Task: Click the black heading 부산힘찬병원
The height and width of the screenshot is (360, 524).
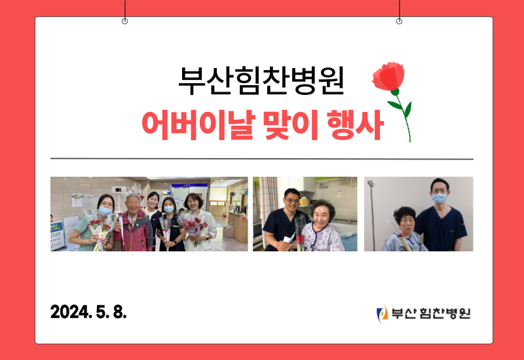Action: tap(261, 81)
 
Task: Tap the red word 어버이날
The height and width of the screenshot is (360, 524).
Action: tap(198, 125)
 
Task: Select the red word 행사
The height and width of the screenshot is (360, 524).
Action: tap(356, 125)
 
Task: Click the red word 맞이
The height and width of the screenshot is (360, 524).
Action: tap(290, 125)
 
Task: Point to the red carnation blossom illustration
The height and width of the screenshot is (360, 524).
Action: tap(388, 76)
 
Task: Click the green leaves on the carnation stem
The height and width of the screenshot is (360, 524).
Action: tap(400, 107)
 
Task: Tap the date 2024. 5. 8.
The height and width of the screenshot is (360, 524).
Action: tap(88, 312)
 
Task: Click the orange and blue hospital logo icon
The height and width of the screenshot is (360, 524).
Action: tap(382, 314)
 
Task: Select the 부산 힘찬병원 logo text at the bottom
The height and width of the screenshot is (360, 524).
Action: tap(431, 314)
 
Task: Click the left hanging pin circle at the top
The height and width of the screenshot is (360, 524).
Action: tap(124, 22)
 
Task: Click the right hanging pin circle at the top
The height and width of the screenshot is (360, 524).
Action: tap(399, 22)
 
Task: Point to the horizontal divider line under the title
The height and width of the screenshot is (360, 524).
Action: tap(261, 159)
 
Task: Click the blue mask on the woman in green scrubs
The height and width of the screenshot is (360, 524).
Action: tap(105, 211)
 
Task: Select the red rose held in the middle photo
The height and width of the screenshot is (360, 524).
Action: tap(301, 240)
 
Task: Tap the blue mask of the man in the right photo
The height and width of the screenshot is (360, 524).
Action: tap(439, 198)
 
